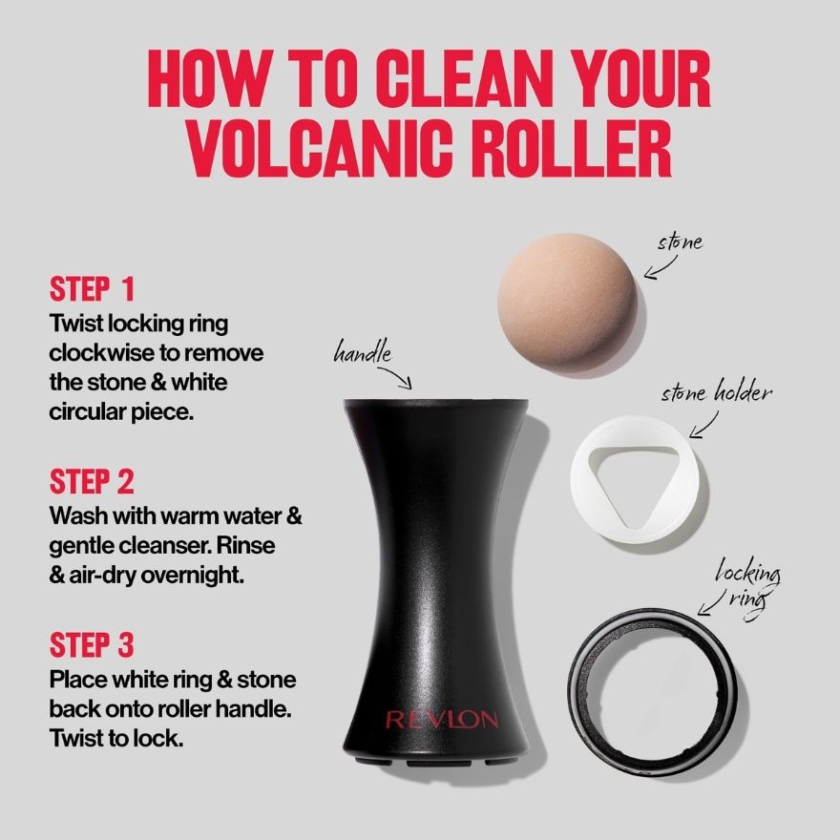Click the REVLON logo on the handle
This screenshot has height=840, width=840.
(440, 719)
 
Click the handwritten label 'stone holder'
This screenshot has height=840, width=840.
(716, 393)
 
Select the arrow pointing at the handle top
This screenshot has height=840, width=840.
(402, 379)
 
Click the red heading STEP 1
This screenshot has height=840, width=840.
(92, 289)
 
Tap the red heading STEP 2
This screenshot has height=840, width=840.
(93, 480)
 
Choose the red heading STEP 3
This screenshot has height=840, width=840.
(93, 645)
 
